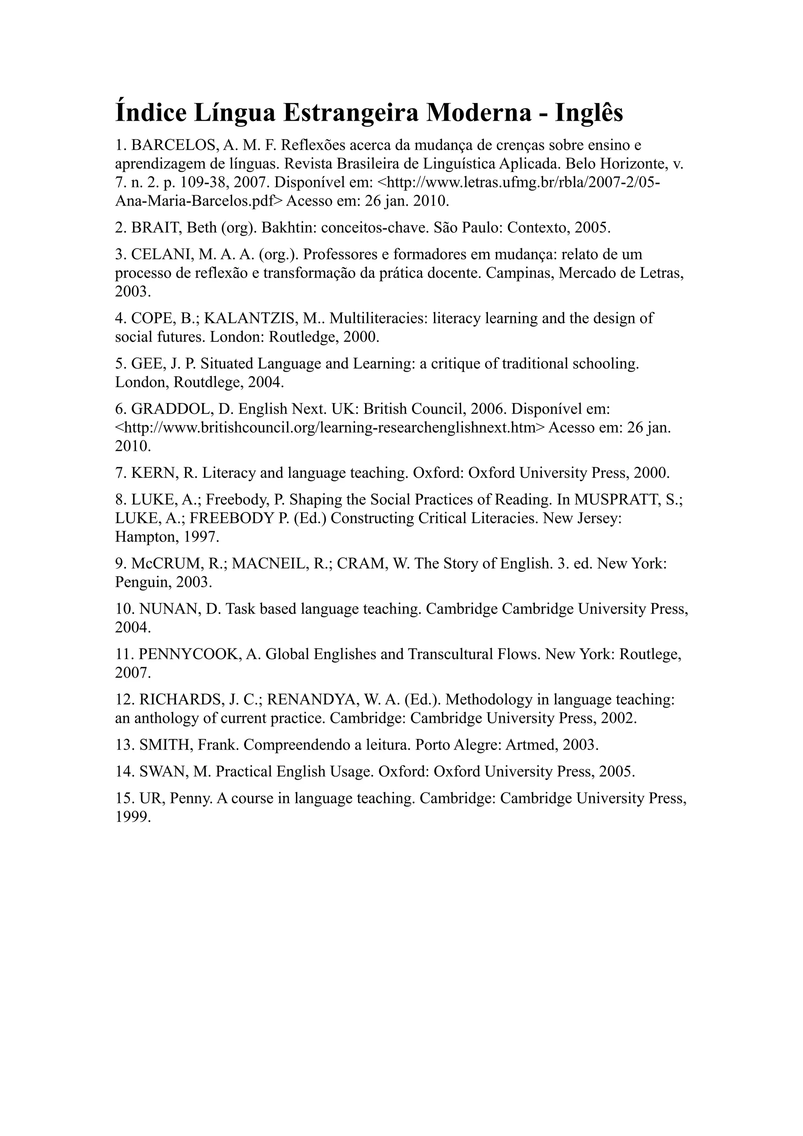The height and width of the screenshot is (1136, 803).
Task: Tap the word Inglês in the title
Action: tap(589, 113)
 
